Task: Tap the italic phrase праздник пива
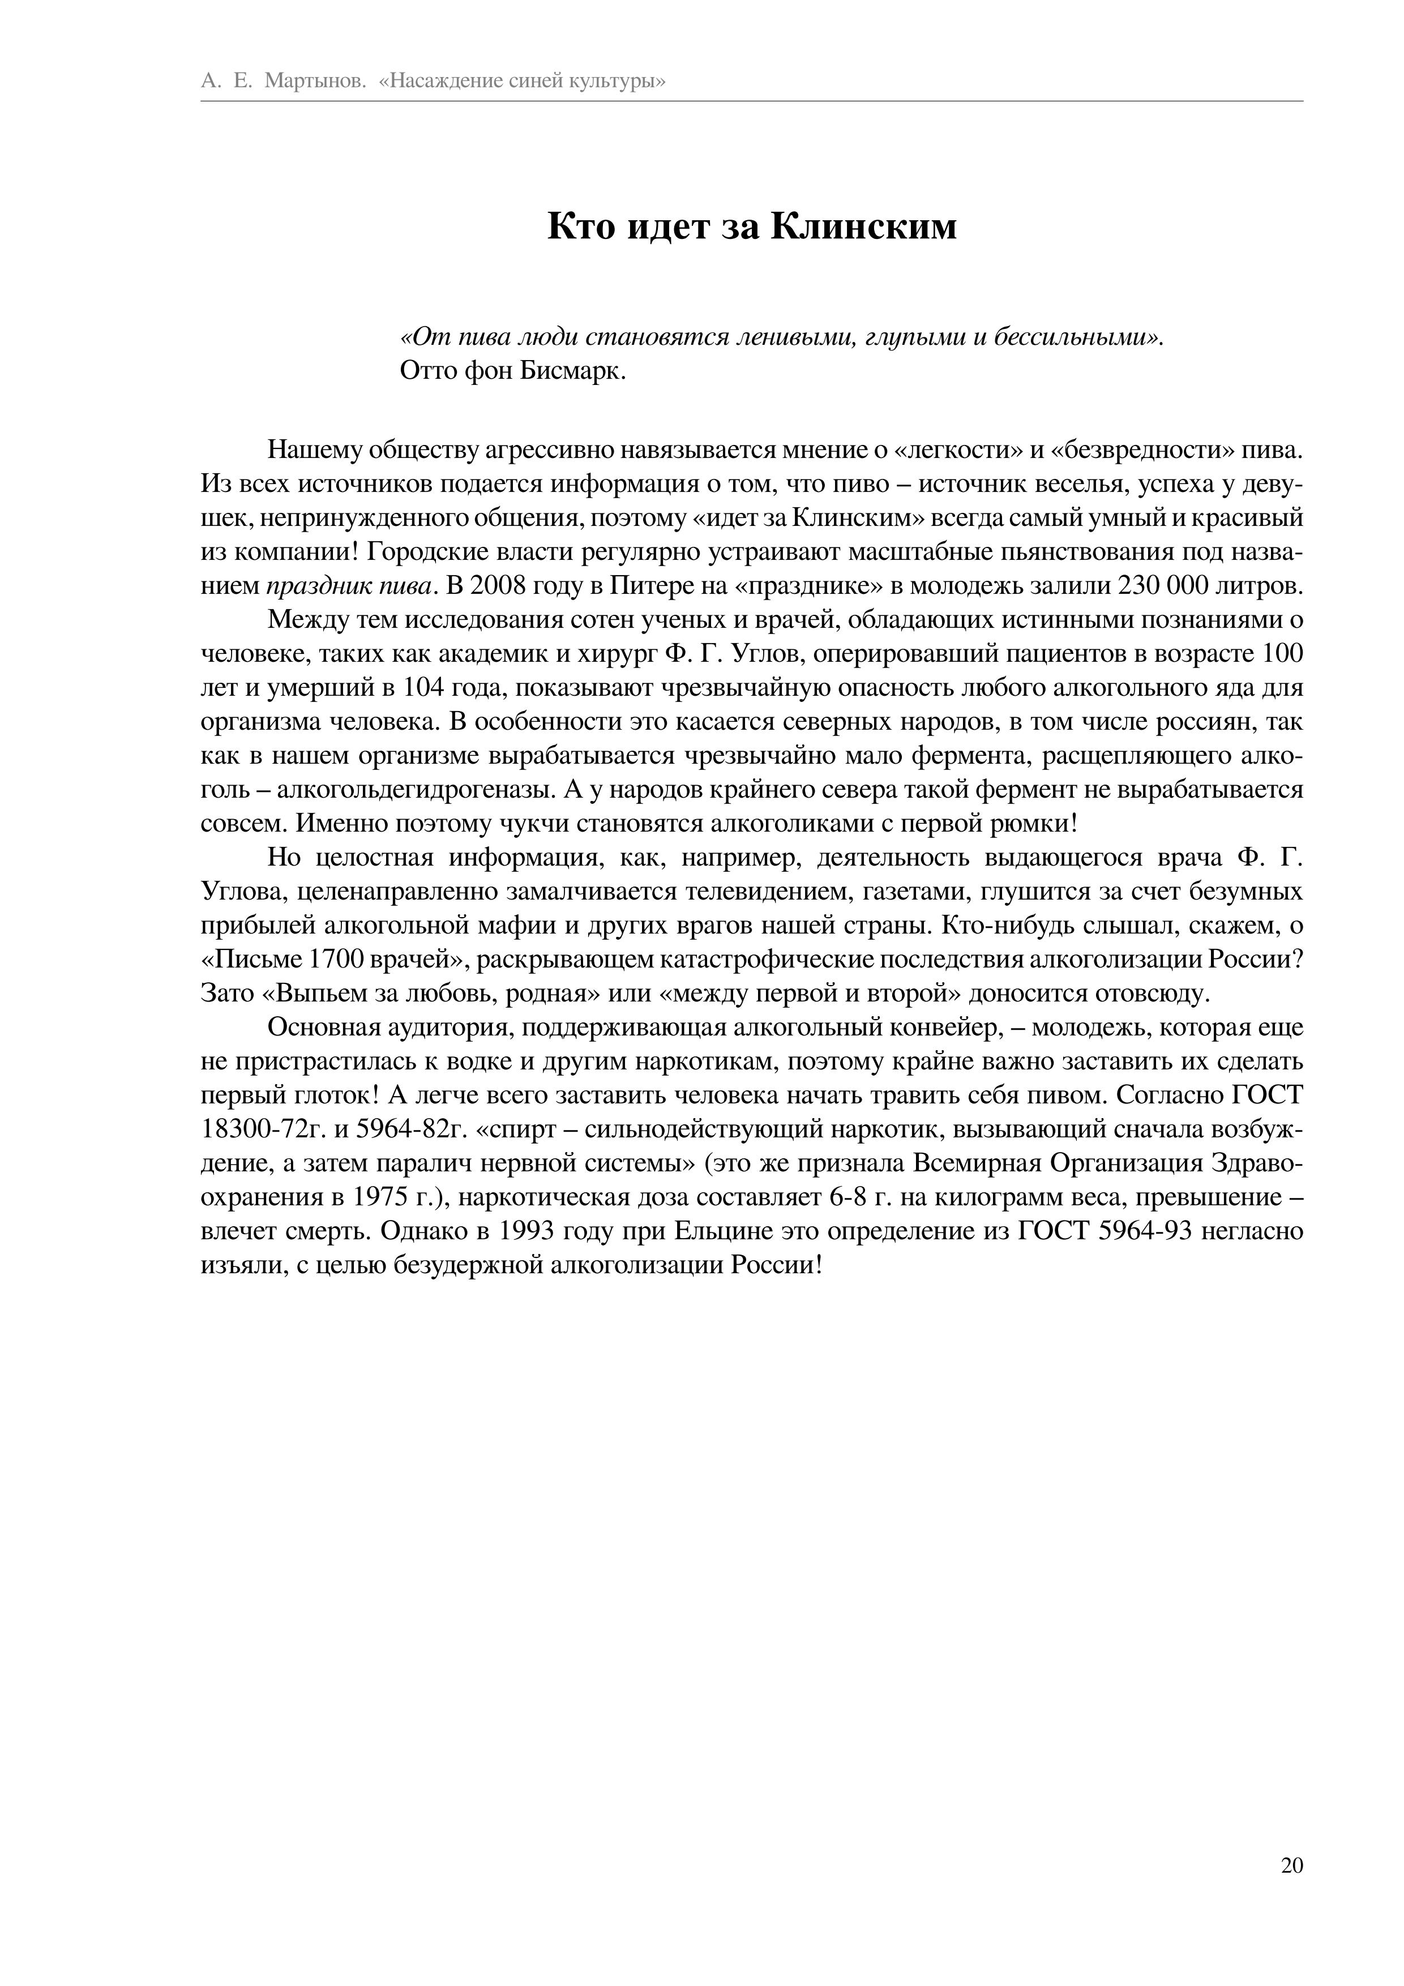(349, 585)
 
